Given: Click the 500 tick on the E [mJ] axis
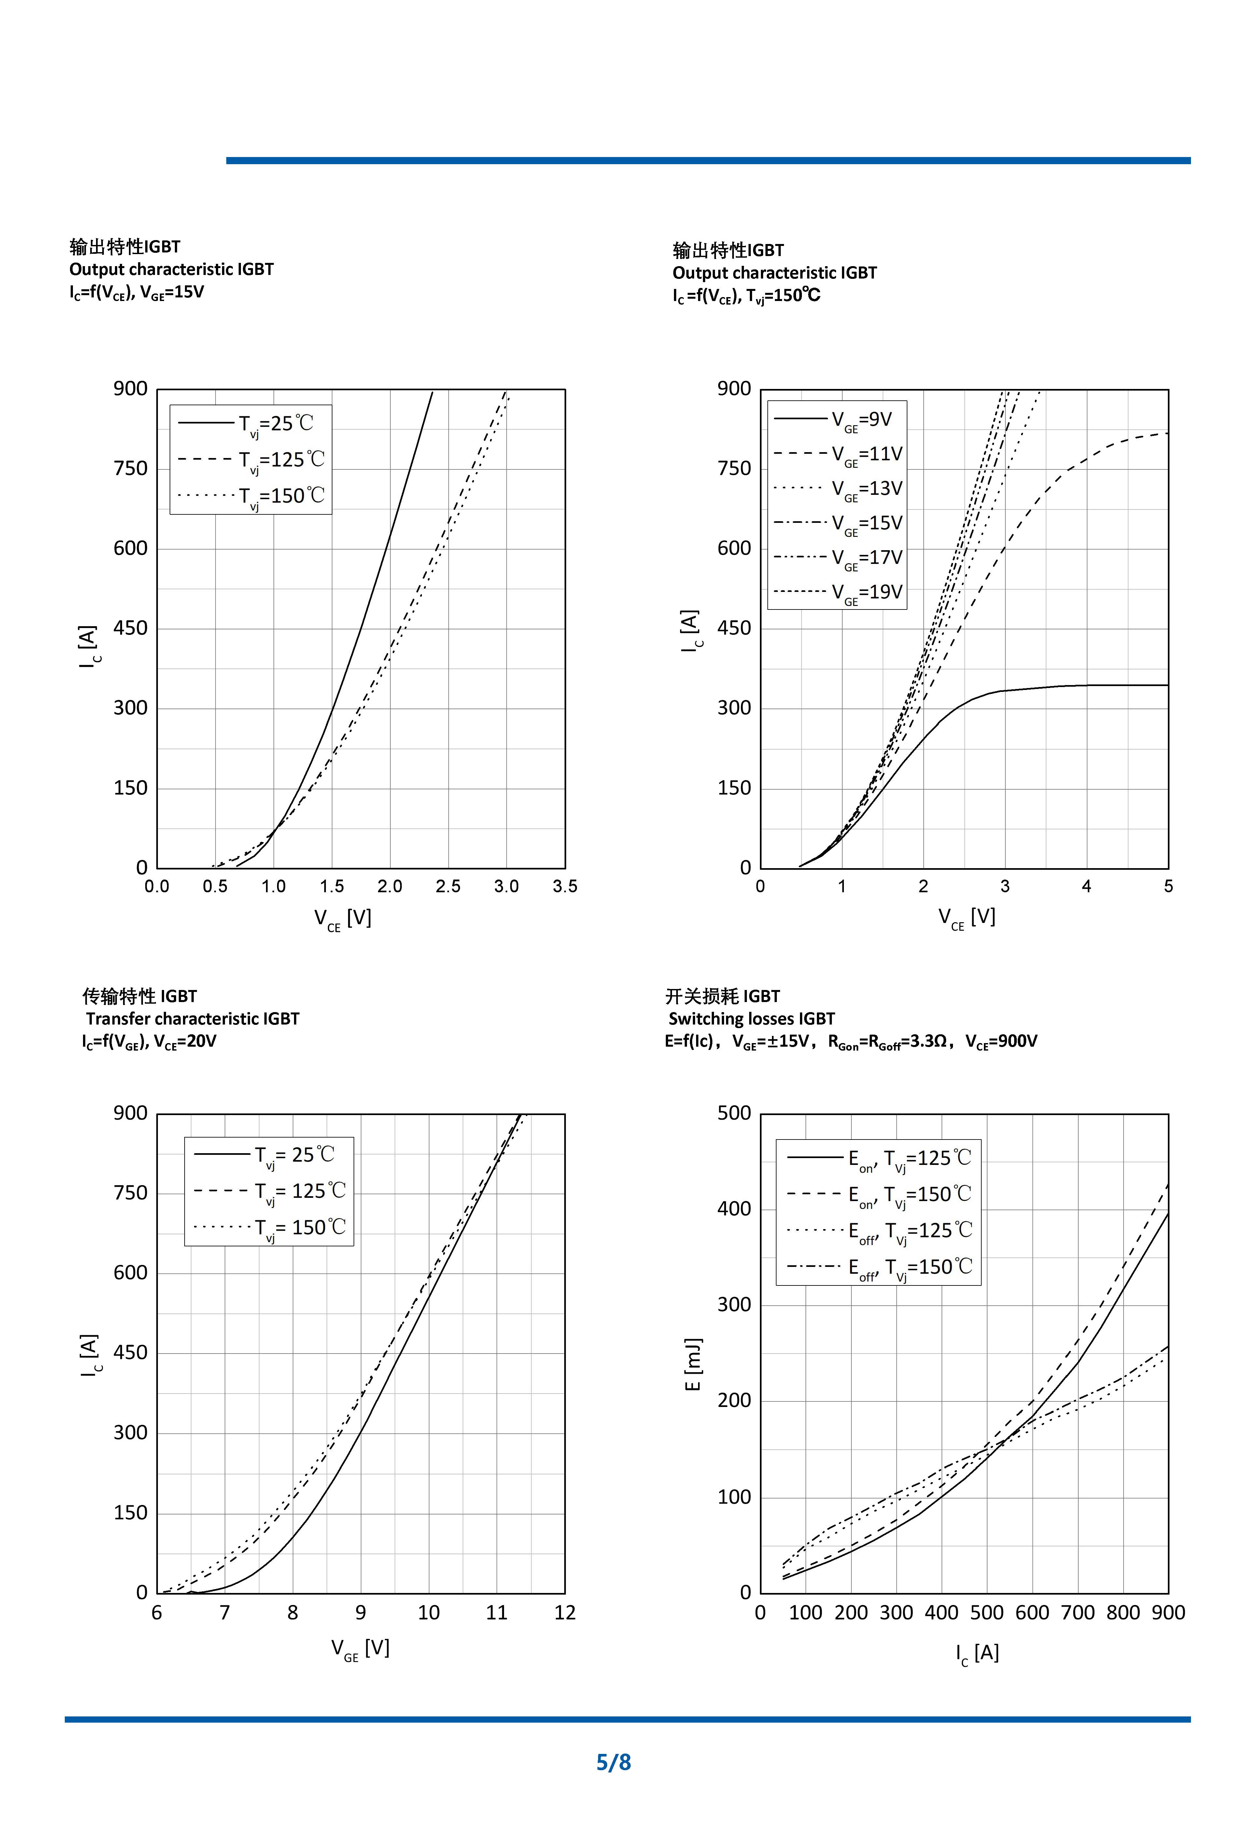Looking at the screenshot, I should pos(734,1113).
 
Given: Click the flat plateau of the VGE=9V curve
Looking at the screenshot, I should pos(1121,685).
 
